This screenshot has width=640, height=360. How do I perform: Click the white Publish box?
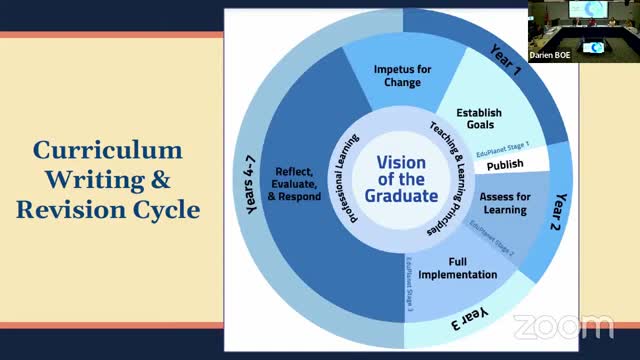click(506, 162)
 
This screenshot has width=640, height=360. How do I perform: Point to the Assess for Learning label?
click(505, 202)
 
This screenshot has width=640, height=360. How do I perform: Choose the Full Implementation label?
click(459, 267)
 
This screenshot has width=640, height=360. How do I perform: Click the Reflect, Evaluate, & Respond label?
click(297, 183)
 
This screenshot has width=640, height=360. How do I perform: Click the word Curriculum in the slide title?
click(107, 151)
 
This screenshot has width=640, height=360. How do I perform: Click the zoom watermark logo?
click(563, 326)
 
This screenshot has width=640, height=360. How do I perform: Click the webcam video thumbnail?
click(583, 30)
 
